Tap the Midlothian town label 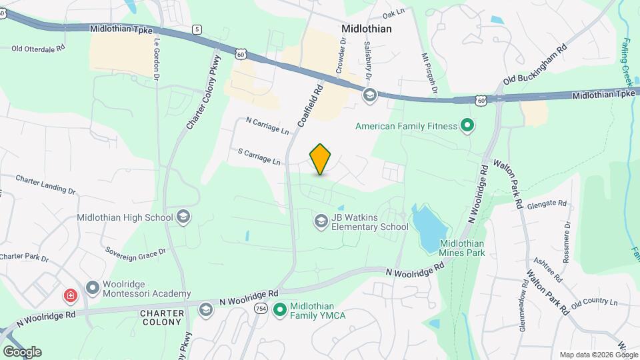point(366,29)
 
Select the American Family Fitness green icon point(467,125)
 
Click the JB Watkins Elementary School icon point(321,221)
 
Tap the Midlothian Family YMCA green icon point(281,309)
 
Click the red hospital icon point(69,295)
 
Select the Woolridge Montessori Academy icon point(93,288)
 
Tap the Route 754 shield point(260,310)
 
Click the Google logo point(21,351)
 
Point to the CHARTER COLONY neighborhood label point(161,317)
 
